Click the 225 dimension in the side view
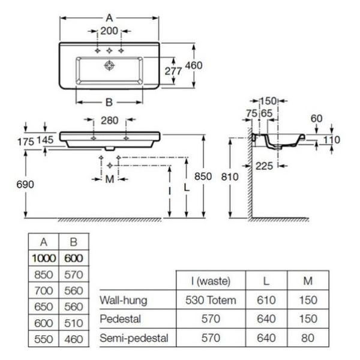tap(264, 167)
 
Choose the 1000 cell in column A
tap(44, 258)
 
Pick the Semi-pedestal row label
tap(134, 338)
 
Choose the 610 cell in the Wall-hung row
tap(266, 299)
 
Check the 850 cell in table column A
tap(44, 274)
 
